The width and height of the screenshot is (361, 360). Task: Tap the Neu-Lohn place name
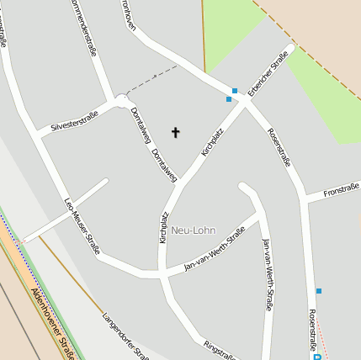pos(194,230)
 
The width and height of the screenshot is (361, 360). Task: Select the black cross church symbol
pos(176,132)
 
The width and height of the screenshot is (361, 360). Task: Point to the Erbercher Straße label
pos(268,72)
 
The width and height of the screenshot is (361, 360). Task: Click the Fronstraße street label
pos(341,192)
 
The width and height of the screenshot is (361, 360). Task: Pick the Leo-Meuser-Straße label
pos(82,225)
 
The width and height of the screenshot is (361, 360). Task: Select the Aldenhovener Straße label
pos(53,323)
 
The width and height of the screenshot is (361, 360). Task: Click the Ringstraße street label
pos(220,351)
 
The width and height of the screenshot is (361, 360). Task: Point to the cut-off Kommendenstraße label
pos(85,25)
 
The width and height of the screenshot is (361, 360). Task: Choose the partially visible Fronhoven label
pos(128,12)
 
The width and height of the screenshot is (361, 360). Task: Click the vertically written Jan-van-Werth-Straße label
pos(267,274)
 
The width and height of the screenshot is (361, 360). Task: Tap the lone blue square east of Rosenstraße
pos(319,291)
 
